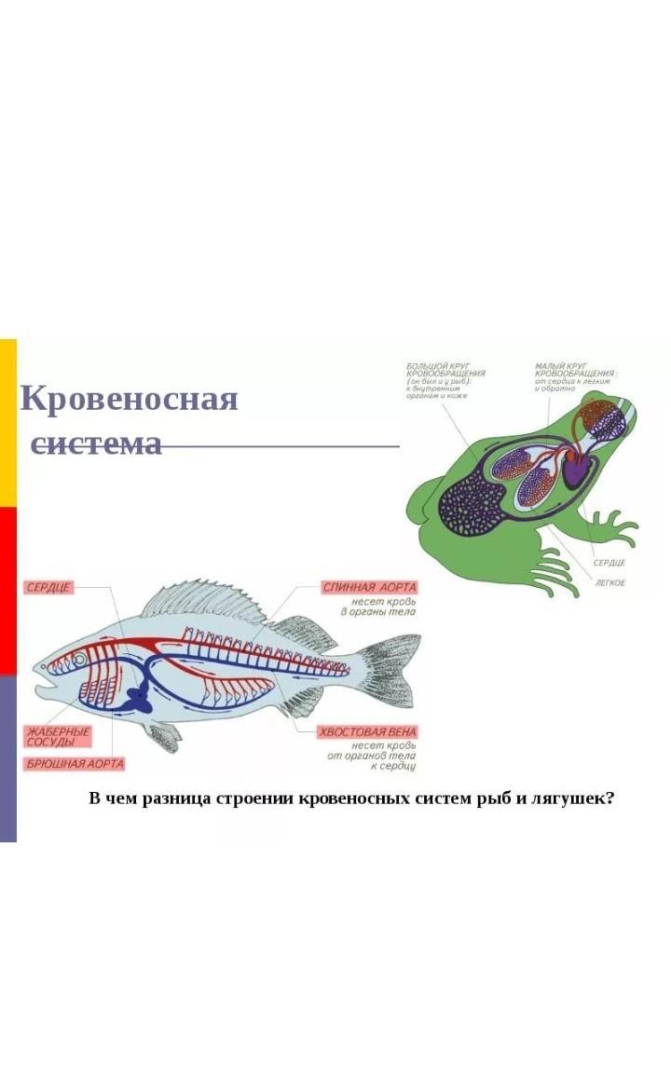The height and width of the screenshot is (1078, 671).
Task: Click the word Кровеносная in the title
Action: [129, 399]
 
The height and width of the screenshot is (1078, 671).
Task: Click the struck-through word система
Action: [97, 443]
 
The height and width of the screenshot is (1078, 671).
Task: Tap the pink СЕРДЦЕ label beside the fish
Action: [48, 587]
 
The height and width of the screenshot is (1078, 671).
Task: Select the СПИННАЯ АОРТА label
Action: [369, 587]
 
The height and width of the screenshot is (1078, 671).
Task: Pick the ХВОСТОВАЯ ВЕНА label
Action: [367, 732]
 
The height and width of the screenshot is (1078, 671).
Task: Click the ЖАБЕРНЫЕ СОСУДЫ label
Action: [58, 736]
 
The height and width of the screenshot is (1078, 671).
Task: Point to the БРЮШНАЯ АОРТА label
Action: [74, 764]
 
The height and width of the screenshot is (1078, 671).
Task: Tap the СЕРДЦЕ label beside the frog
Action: [609, 563]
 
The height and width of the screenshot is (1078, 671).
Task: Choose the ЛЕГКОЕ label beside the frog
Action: [610, 582]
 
